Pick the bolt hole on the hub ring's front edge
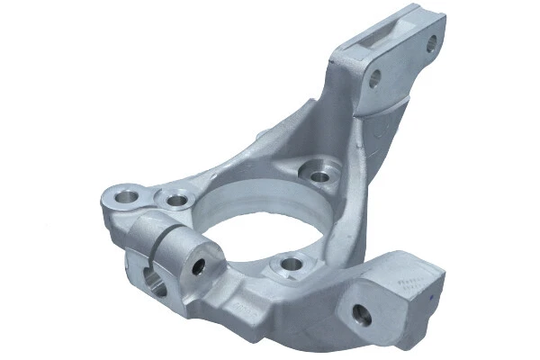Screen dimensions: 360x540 pos(290,265)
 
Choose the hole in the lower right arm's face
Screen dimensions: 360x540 pos(361,315)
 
